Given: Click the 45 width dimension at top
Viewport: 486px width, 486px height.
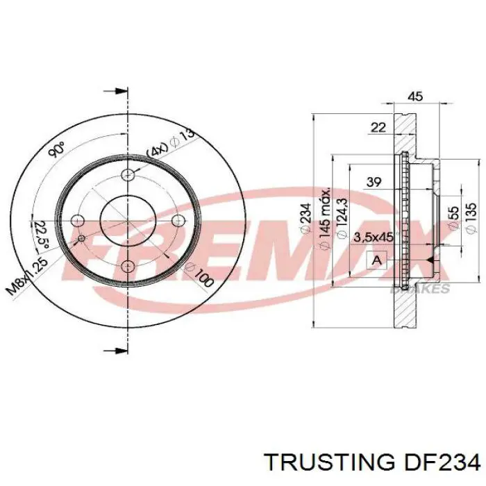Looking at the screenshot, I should (x=415, y=97).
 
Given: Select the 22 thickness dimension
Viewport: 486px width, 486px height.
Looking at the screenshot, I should (x=378, y=126).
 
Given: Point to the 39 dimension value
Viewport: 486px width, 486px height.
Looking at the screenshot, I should (x=374, y=182).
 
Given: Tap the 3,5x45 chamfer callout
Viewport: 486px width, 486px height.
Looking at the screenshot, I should (x=373, y=237).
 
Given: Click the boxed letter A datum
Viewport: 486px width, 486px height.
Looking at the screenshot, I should (x=377, y=260).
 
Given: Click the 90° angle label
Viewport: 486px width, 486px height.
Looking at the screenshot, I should (x=58, y=149).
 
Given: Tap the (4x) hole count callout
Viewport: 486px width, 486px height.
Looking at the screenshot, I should (x=157, y=149).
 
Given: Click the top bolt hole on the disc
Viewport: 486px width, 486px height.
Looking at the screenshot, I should (x=128, y=175).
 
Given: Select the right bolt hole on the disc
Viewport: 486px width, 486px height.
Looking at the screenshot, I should (x=178, y=221).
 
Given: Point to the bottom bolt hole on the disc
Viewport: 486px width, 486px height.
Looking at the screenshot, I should (x=128, y=267).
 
